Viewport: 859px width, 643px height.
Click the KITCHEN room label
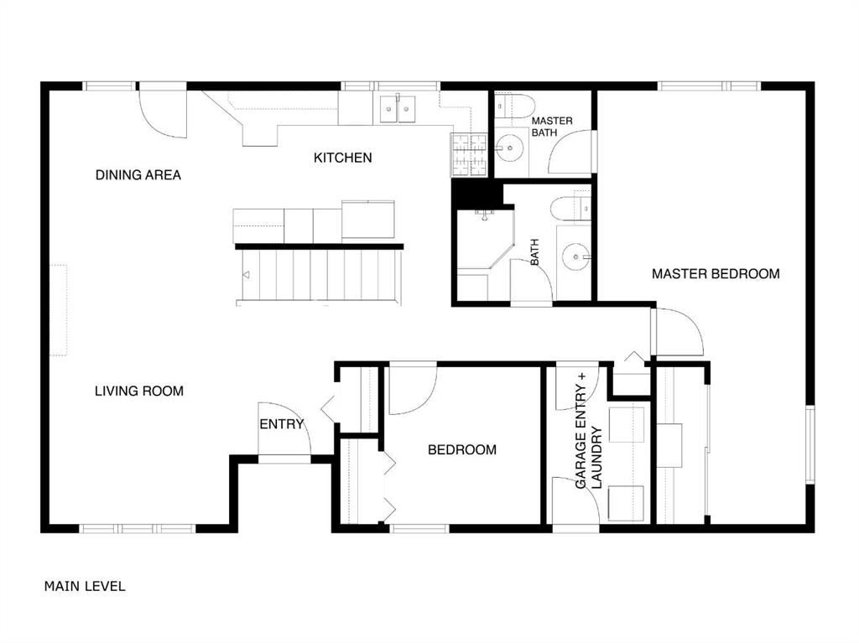[x=342, y=158]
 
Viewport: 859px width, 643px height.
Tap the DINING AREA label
[x=138, y=174]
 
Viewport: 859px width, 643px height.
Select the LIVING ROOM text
[x=139, y=391]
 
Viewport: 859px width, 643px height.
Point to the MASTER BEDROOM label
[x=716, y=274]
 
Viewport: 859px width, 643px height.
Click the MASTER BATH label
[x=552, y=127]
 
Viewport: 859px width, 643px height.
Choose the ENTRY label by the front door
[x=282, y=424]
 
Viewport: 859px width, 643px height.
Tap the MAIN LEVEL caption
[x=85, y=586]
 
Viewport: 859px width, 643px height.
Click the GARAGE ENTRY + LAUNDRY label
[x=589, y=431]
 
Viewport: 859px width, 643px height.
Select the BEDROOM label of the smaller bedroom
[x=462, y=449]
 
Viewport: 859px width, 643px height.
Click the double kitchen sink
[x=398, y=108]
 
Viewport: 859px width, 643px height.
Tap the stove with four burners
[x=468, y=154]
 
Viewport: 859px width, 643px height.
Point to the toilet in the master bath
[x=514, y=106]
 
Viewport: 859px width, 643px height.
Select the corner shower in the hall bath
[x=486, y=240]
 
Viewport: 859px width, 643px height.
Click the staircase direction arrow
[x=246, y=275]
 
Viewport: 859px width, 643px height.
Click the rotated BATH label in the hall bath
[x=534, y=252]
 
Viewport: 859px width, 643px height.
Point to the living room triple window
[x=138, y=528]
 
